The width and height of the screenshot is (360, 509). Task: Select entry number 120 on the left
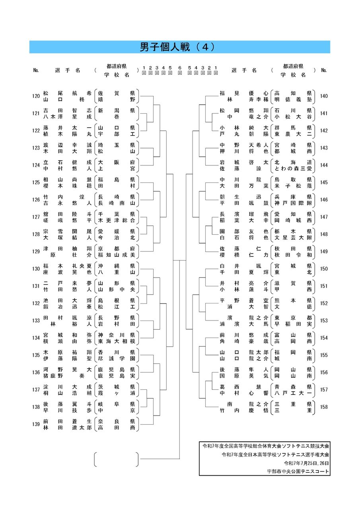(36, 96)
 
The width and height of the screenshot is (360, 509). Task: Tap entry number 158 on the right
(324, 407)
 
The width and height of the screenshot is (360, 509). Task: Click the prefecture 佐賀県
(117, 93)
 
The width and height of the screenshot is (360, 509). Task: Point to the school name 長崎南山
(117, 203)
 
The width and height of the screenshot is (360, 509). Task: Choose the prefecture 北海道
(293, 162)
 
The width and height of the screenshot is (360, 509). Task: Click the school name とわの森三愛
(293, 168)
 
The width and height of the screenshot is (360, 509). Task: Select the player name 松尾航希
(67, 93)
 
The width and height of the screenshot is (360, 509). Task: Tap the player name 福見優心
(244, 93)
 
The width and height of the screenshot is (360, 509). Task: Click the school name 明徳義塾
(293, 99)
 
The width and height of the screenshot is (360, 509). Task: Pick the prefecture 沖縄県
(117, 266)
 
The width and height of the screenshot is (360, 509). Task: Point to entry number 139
(36, 424)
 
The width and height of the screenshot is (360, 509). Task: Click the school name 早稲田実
(293, 324)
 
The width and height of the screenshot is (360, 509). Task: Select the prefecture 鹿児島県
(117, 369)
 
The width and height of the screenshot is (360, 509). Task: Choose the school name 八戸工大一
(293, 393)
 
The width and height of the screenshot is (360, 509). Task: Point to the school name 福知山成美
(117, 254)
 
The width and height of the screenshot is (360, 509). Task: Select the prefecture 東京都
(293, 317)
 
